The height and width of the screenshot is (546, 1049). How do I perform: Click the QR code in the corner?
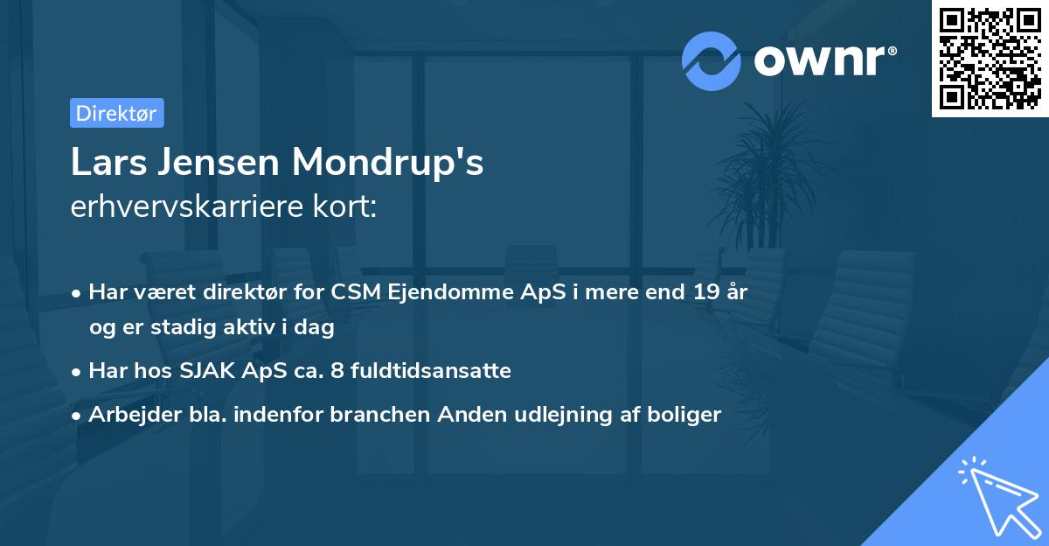(x=990, y=59)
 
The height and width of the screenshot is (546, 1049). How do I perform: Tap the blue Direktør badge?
(x=116, y=113)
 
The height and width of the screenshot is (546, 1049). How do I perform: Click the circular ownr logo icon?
(x=712, y=60)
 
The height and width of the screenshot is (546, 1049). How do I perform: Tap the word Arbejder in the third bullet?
(x=128, y=415)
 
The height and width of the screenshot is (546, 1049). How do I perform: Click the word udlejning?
(x=573, y=415)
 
